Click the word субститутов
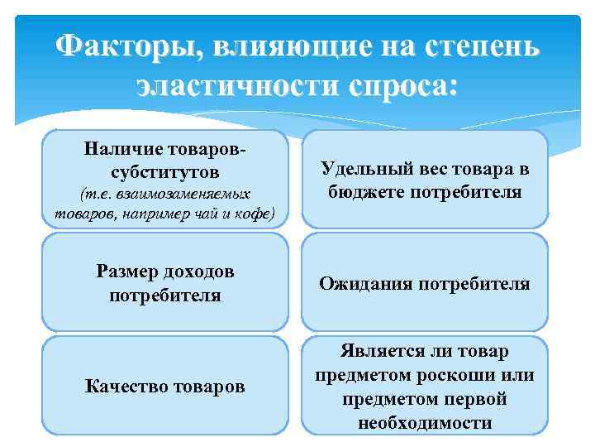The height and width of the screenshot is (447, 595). coord(164,172)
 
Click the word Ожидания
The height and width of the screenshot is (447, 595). coord(364,284)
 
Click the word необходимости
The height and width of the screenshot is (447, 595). coord(425,422)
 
